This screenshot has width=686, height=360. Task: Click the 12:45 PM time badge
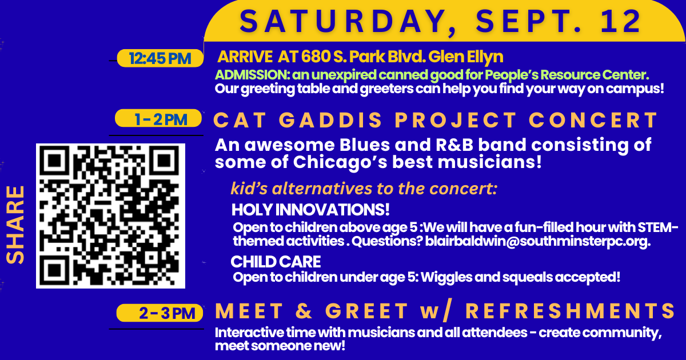[160, 58]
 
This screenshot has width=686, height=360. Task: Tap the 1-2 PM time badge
[158, 118]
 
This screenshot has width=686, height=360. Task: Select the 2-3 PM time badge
[159, 313]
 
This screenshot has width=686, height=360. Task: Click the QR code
[110, 216]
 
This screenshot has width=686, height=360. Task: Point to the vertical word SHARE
[15, 225]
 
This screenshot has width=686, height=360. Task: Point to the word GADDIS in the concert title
[330, 119]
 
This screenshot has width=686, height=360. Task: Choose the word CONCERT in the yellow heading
[593, 119]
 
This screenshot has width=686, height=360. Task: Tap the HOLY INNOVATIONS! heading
[310, 210]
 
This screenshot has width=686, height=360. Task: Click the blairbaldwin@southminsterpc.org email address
[538, 241]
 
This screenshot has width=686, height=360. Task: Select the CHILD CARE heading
[276, 262]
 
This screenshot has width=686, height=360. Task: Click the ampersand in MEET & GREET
[304, 311]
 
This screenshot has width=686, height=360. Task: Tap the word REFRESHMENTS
[571, 311]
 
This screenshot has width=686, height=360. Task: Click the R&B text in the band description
[454, 145]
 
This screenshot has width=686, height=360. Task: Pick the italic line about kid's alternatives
[364, 189]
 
